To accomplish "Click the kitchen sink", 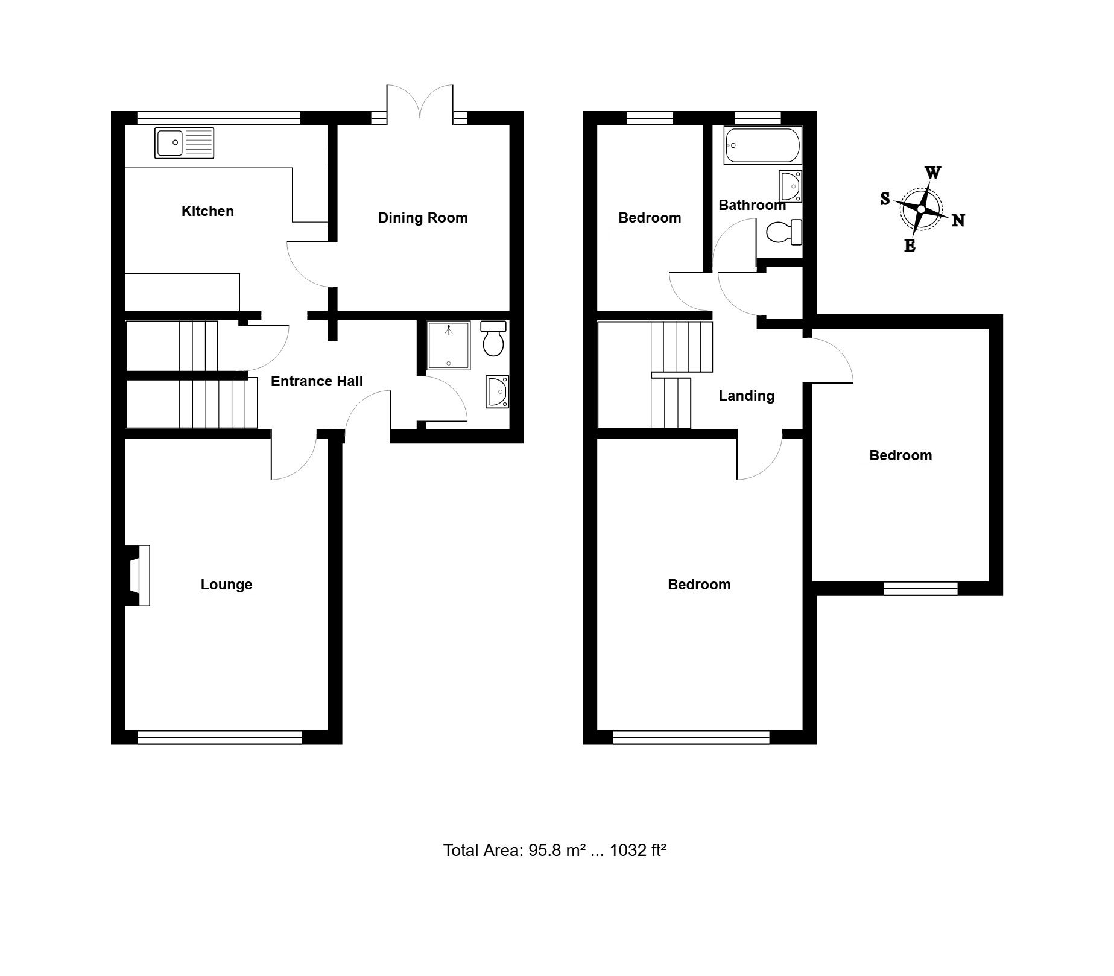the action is click(184, 143).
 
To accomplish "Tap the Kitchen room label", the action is click(207, 211).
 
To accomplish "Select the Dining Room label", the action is click(423, 218).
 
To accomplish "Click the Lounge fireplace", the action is click(138, 575).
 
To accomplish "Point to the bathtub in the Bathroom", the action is click(763, 145).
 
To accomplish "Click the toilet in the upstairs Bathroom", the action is click(784, 232).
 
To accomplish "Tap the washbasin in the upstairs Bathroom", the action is click(791, 186).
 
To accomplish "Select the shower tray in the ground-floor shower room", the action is click(448, 345).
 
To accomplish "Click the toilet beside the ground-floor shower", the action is click(493, 338).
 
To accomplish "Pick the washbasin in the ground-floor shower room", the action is click(498, 391).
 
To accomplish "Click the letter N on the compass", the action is click(958, 221).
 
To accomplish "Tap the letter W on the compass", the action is click(932, 173).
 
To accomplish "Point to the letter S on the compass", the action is click(885, 198).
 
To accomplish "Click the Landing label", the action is click(747, 396).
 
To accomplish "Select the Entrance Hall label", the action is click(317, 381).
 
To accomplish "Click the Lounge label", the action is click(226, 585).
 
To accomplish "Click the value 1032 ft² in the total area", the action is click(638, 851).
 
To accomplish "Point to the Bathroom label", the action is click(752, 205).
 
